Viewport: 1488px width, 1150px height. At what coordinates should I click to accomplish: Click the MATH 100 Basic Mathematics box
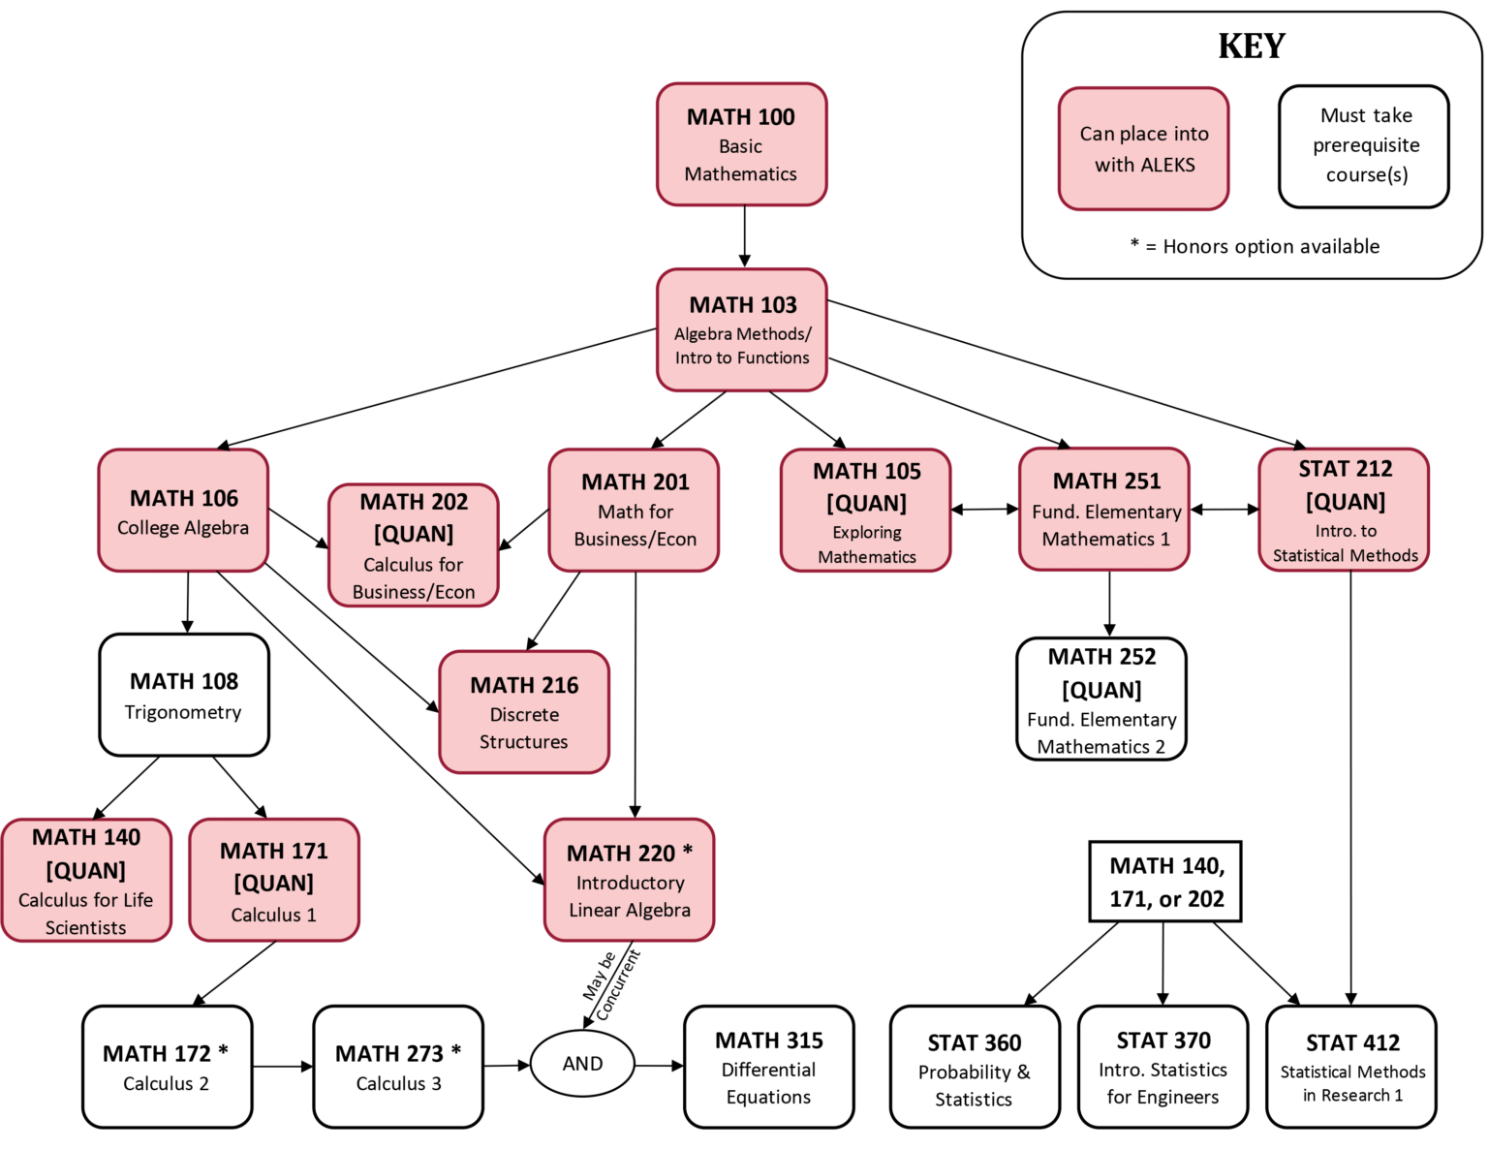pos(741,144)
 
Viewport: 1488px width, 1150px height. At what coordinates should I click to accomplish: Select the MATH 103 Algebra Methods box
pos(741,330)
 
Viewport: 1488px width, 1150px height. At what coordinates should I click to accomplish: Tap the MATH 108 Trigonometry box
pos(184,696)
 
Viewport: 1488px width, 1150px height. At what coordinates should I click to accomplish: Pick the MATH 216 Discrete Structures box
pos(524,712)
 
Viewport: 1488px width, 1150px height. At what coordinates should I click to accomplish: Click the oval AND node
pos(582,1064)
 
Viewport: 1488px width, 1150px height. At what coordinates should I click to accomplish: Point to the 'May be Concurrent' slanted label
pos(611,983)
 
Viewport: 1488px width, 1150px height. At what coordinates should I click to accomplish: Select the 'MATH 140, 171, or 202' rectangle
pos(1165,882)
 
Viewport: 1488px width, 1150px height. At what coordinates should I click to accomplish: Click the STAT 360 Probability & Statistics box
pos(975,1068)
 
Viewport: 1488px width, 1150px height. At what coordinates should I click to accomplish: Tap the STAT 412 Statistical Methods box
pos(1351,1068)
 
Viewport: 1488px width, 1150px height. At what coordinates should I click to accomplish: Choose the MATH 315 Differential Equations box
pos(769,1068)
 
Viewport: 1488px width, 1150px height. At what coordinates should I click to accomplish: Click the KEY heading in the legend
pos(1252,47)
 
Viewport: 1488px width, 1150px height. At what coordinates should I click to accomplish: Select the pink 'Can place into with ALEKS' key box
pos(1144,149)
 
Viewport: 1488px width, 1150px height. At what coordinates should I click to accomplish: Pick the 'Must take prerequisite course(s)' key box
pos(1364,146)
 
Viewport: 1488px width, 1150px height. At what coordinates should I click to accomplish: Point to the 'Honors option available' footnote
pos(1255,246)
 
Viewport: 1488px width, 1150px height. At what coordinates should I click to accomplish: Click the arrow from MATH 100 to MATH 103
pos(744,236)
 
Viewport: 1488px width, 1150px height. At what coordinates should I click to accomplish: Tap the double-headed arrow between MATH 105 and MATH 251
pos(985,509)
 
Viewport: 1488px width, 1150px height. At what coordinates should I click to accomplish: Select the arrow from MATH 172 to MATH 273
pos(283,1067)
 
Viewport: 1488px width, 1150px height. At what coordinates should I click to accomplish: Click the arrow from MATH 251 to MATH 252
pos(1109,603)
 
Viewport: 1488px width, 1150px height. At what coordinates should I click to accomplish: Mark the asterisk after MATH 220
pos(688,851)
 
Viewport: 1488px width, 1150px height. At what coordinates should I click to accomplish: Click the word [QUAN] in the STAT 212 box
pos(1345,502)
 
